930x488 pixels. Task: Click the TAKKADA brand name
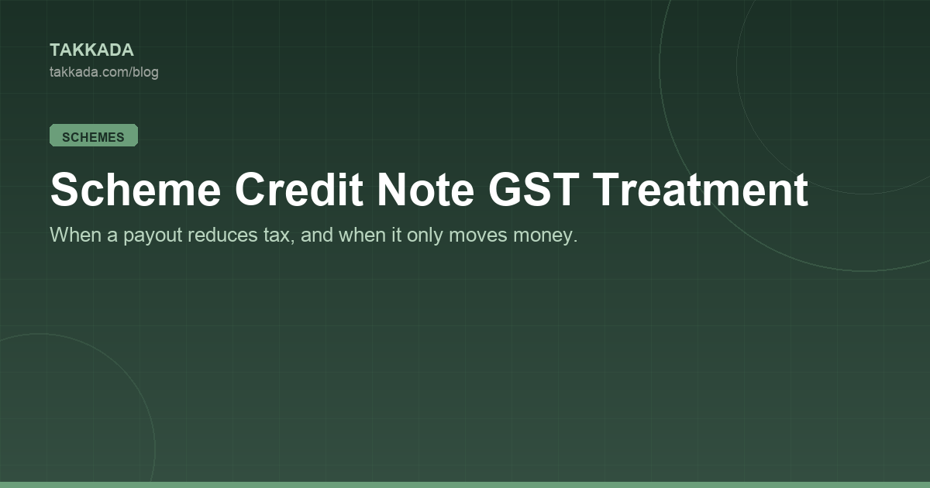91,50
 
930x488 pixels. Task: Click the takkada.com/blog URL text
104,72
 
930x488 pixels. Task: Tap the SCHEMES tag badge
94,136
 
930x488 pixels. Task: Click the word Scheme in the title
136,190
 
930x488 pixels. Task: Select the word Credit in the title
299,190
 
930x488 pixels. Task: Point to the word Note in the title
425,190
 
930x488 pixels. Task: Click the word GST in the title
533,190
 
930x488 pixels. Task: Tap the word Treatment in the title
700,190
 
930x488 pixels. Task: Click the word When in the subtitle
76,235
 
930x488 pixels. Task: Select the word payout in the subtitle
153,236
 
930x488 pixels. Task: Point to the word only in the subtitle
425,236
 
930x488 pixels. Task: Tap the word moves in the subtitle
478,235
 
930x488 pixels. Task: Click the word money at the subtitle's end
545,236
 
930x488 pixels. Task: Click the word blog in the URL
146,72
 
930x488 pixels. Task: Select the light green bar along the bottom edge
465,485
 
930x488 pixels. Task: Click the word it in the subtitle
397,235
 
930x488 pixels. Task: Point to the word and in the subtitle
317,235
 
